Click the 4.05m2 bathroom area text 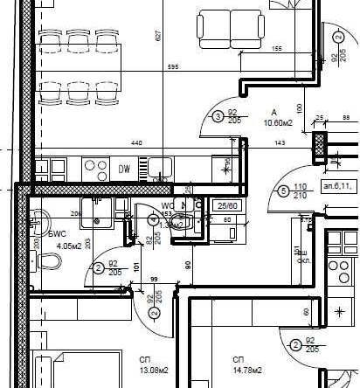68,246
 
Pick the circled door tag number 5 282,191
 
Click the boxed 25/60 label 225,204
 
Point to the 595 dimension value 173,67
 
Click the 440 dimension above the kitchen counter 136,142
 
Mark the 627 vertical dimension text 159,37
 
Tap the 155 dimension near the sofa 276,49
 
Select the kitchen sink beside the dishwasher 159,167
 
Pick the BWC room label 59,234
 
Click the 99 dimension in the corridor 154,280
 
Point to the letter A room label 273,113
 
